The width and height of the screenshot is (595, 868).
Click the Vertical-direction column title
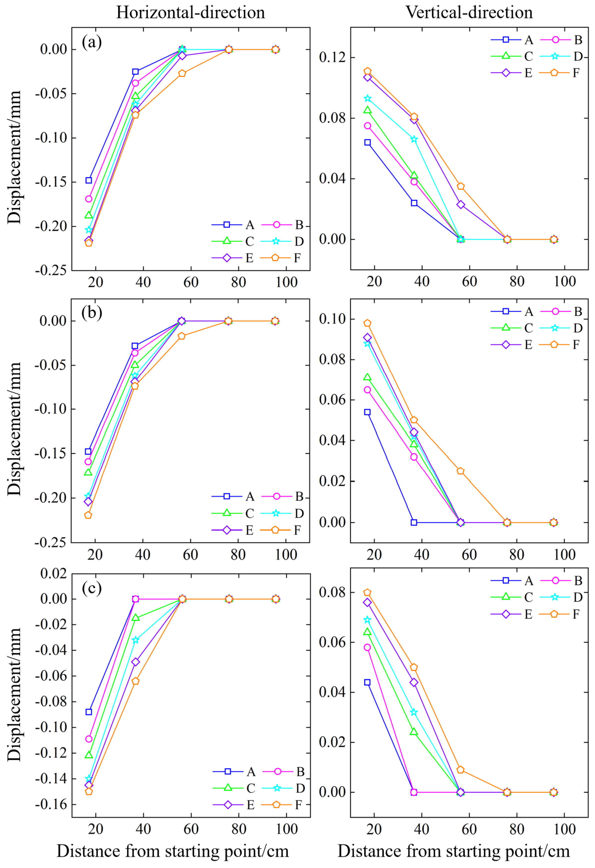(x=469, y=13)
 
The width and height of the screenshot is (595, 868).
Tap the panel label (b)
(x=92, y=313)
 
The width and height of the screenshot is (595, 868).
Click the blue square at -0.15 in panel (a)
(x=89, y=180)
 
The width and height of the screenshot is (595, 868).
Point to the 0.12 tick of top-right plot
(x=332, y=58)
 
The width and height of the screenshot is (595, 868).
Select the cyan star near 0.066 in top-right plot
(x=414, y=140)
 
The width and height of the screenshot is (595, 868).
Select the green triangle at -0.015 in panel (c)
(x=136, y=618)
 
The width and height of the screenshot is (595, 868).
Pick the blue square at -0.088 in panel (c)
(x=89, y=712)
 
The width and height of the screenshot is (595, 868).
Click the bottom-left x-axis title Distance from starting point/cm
(x=172, y=851)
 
